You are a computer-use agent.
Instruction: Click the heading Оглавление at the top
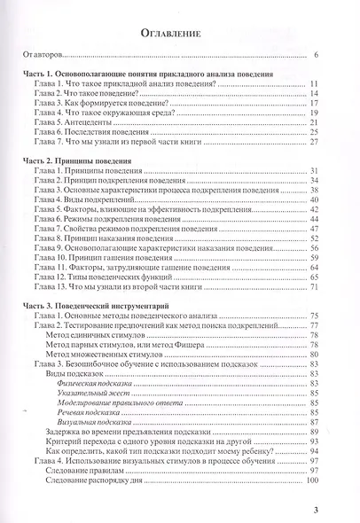click(180, 35)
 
